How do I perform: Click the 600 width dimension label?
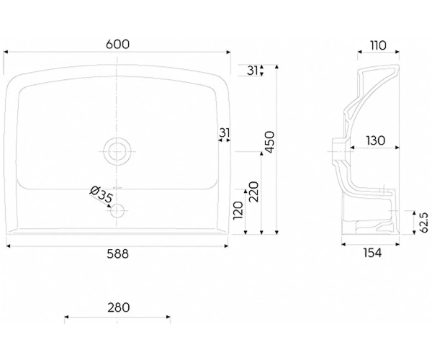click(117, 44)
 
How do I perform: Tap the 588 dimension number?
click(117, 254)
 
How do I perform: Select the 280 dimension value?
click(119, 307)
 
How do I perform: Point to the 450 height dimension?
click(269, 142)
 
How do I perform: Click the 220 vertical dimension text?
click(253, 192)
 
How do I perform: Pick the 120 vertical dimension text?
click(238, 211)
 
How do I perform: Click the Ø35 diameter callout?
click(102, 194)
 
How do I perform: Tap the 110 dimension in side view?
click(378, 45)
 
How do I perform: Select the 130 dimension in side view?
click(376, 140)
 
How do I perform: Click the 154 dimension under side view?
click(372, 253)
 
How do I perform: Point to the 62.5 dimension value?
click(424, 222)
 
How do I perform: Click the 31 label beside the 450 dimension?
click(252, 71)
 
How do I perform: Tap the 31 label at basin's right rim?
click(225, 132)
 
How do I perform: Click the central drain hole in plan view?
click(117, 151)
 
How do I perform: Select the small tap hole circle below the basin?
click(117, 211)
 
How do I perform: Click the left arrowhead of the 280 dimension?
click(66, 317)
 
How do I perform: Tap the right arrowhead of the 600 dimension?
click(228, 52)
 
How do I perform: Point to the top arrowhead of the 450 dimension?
click(277, 67)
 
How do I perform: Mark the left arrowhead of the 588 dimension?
click(8, 246)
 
